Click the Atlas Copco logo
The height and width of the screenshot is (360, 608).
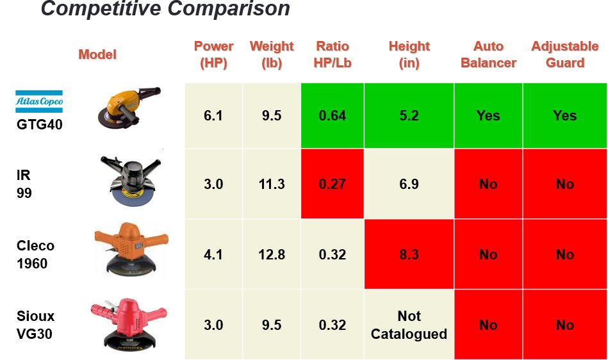click(x=39, y=101)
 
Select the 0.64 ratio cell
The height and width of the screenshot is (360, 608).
click(x=333, y=116)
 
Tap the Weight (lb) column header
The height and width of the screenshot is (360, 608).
click(x=272, y=54)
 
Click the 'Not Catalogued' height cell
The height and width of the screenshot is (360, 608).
click(x=409, y=325)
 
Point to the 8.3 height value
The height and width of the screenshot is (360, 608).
click(x=409, y=254)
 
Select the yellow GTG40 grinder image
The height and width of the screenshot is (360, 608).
click(x=126, y=108)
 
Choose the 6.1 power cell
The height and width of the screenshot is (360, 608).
click(x=213, y=116)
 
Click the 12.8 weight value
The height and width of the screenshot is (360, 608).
click(x=272, y=254)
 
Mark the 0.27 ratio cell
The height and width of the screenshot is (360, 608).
click(x=333, y=184)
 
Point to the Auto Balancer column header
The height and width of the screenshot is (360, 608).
click(x=488, y=54)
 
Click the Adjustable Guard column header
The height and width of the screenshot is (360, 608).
click(x=565, y=54)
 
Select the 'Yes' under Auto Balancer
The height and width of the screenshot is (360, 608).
click(x=488, y=116)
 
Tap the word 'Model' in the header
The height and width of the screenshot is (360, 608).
click(x=97, y=54)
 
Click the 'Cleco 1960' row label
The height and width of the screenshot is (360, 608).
click(x=35, y=254)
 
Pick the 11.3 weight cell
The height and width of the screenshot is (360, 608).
click(x=272, y=184)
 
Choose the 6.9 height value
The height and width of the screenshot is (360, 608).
click(x=409, y=184)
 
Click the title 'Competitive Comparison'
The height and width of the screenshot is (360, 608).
click(x=165, y=10)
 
